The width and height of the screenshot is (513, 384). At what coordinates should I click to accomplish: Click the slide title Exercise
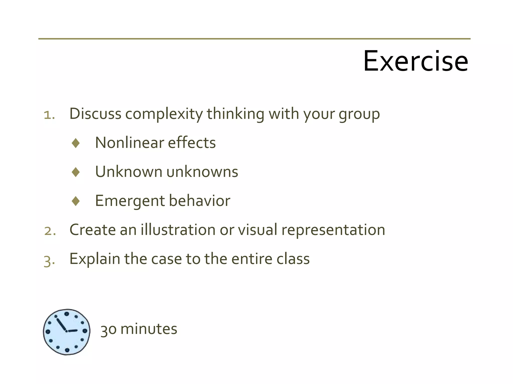pyautogui.click(x=415, y=61)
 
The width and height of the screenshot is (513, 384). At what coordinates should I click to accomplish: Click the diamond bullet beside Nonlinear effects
pyautogui.click(x=76, y=143)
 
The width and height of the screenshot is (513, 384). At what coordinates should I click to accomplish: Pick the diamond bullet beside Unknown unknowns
pyautogui.click(x=76, y=172)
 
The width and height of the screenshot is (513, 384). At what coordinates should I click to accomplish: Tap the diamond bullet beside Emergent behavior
pyautogui.click(x=76, y=201)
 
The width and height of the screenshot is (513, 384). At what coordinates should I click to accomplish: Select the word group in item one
pyautogui.click(x=359, y=114)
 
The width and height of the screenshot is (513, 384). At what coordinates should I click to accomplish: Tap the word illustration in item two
pyautogui.click(x=178, y=230)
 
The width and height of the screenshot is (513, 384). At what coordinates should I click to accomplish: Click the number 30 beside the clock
pyautogui.click(x=108, y=329)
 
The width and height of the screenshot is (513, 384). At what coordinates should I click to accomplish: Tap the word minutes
pyautogui.click(x=149, y=329)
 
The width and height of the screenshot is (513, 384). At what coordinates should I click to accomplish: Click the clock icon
pyautogui.click(x=67, y=332)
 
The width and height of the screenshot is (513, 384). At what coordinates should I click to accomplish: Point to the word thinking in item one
pyautogui.click(x=235, y=114)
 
